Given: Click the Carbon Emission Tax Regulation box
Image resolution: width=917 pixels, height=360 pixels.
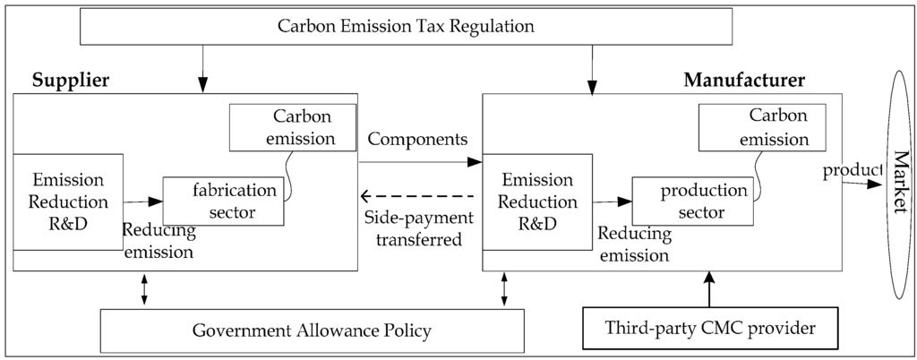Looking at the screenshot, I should [418, 27].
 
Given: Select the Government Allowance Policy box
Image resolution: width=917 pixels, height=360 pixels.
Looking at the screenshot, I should [311, 331].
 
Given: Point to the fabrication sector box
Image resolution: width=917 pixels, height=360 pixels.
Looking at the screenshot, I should [223, 201].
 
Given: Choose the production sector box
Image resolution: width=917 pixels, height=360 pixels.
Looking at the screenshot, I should [690, 201].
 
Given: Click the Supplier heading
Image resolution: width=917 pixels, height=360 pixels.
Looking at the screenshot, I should [71, 81].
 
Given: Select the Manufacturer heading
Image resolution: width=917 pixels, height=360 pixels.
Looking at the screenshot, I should [744, 81].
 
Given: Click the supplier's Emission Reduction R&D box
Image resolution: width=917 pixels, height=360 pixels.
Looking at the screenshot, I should [68, 201].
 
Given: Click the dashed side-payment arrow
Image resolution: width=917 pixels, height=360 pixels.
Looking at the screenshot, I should [417, 195].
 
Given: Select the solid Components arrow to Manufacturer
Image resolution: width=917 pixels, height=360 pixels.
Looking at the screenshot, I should [419, 162].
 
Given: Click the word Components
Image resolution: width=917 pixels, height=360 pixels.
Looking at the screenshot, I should [417, 141].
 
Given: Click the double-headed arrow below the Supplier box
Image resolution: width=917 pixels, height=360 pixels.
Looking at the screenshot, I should [144, 289].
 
